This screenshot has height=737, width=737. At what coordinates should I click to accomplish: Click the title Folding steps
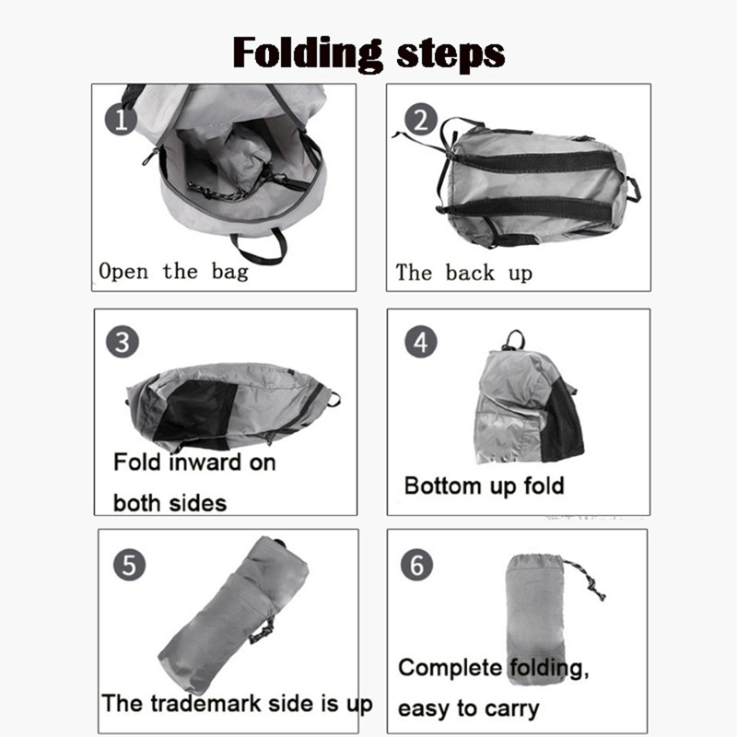(x=369, y=54)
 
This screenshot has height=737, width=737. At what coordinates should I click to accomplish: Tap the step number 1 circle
(x=121, y=120)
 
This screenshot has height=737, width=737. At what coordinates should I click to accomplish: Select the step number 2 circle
(x=421, y=120)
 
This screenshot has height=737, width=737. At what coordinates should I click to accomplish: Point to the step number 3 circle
(x=123, y=342)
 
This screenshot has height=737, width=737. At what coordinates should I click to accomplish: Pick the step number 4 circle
(x=421, y=342)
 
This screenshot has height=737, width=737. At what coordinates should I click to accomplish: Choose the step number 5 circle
(x=129, y=565)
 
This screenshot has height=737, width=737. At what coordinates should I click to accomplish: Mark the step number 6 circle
(x=417, y=565)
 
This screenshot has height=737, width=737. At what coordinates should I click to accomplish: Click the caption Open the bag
(x=173, y=272)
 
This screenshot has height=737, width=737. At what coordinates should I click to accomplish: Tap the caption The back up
(x=464, y=273)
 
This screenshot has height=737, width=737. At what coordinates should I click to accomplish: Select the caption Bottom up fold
(x=485, y=486)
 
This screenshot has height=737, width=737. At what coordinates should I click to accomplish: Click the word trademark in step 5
(x=205, y=704)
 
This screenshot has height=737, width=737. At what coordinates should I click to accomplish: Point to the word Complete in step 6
(x=450, y=667)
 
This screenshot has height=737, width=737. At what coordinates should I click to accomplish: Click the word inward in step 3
(x=205, y=462)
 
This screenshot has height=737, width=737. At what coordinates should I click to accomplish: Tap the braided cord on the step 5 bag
(x=263, y=630)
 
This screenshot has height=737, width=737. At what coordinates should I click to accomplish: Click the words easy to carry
(x=469, y=708)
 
